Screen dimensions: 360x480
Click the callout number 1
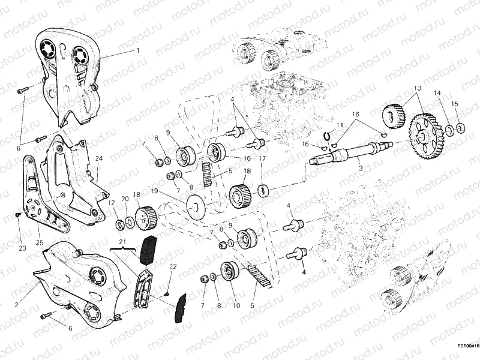point(137,50)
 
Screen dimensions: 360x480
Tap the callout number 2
point(16,305)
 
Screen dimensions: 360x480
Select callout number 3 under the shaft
point(360,170)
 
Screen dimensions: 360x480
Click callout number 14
point(437,93)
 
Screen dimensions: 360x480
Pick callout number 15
point(454,104)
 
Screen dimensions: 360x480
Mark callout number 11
point(340,125)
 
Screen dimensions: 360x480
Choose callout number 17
point(262,158)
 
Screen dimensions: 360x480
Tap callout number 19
point(154,191)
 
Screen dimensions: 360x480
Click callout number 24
point(98,158)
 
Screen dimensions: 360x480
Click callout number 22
point(173,266)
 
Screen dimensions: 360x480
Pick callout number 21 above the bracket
point(123,242)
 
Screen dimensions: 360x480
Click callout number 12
point(112,203)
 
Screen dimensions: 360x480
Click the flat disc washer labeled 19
point(196,209)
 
